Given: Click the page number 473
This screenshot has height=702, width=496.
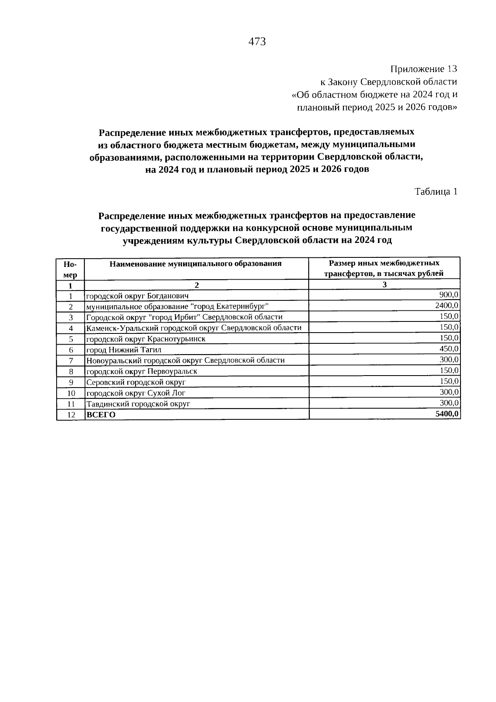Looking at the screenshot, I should (x=257, y=42).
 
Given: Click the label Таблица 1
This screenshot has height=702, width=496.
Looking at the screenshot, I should (x=436, y=191).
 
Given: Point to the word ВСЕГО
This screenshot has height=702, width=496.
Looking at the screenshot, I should (x=101, y=415).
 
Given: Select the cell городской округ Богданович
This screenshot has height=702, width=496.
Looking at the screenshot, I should (x=137, y=296).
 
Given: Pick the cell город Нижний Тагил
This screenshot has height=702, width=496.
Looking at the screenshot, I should (x=124, y=350).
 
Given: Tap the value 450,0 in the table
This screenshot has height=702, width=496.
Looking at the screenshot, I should (x=449, y=349).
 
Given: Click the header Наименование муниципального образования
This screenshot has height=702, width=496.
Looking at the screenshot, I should (x=196, y=264).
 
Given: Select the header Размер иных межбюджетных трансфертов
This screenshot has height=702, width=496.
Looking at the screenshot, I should (x=384, y=268).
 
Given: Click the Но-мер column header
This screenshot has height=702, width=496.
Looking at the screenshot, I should (x=70, y=269).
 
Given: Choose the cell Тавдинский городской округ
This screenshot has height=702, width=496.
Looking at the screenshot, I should (x=138, y=404).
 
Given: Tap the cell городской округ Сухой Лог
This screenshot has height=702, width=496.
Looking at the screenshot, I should (x=136, y=393).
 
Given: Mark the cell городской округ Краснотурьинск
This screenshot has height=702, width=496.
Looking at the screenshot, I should (x=145, y=339).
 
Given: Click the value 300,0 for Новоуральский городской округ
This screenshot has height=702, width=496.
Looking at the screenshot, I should (x=449, y=359).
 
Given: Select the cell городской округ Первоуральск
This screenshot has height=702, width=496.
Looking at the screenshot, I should (x=141, y=371).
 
